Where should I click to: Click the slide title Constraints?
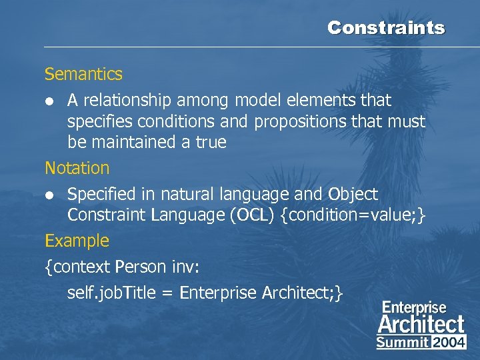pos(385,28)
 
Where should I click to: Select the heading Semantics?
pos(83,74)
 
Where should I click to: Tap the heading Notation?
pos(77,168)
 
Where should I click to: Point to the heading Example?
pos(77,240)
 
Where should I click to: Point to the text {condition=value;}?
pos(353,215)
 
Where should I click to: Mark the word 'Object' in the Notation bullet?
pos(353,194)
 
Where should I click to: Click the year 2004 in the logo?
pos(449,343)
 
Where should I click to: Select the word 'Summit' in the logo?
pos(402,343)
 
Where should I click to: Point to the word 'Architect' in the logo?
pos(421,325)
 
